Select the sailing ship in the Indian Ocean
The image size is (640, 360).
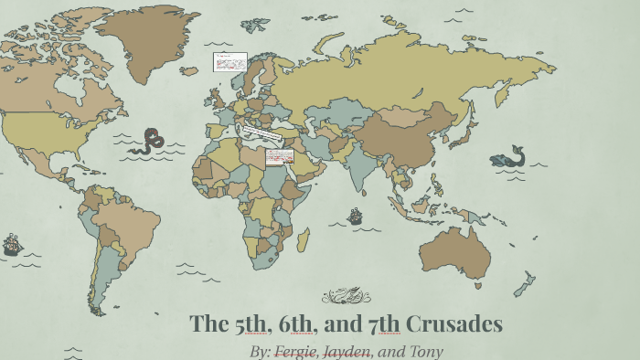pyautogui.click(x=355, y=217)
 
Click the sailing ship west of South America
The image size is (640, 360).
pyautogui.click(x=12, y=244)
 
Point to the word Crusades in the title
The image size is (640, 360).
pyautogui.click(x=453, y=323)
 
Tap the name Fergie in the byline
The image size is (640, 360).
pyautogui.click(x=294, y=351)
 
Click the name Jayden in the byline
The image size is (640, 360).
pyautogui.click(x=346, y=351)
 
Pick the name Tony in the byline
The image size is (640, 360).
pyautogui.click(x=424, y=351)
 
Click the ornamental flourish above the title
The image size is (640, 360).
pyautogui.click(x=347, y=295)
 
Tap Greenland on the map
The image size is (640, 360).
pyautogui.click(x=137, y=41)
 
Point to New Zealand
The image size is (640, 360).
pyautogui.click(x=525, y=282)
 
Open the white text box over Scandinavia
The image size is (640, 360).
pyautogui.click(x=229, y=62)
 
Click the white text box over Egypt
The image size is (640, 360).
pyautogui.click(x=279, y=157)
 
